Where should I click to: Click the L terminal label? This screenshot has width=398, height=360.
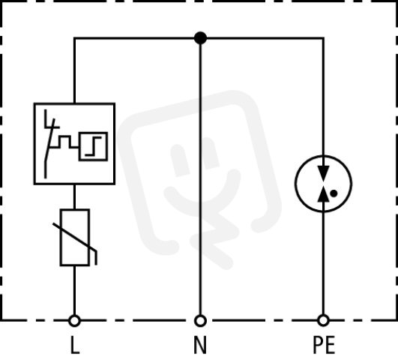click(74, 345)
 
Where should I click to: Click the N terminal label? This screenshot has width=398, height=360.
click(200, 345)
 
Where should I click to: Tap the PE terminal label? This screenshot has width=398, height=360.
click(324, 345)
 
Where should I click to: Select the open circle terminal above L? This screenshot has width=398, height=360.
click(74, 320)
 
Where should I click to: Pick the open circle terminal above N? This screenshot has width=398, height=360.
click(200, 320)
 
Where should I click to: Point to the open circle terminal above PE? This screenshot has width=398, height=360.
click(323, 320)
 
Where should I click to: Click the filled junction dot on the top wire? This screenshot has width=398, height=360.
click(200, 38)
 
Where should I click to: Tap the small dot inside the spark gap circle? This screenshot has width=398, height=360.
click(334, 193)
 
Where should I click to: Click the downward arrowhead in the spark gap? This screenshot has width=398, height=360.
click(323, 173)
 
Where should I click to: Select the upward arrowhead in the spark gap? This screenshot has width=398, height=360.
click(323, 194)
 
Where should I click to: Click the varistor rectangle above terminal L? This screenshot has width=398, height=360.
click(75, 237)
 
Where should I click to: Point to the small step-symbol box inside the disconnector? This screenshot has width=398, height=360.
click(93, 146)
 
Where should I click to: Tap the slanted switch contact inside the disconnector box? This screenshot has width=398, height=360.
click(49, 148)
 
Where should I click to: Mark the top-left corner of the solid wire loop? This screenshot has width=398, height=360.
click(74, 38)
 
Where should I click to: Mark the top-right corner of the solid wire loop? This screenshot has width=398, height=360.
click(323, 38)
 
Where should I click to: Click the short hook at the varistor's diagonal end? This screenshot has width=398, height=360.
click(95, 257)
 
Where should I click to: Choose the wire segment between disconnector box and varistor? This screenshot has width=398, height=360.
click(74, 196)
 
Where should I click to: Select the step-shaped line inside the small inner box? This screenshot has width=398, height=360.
click(93, 146)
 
